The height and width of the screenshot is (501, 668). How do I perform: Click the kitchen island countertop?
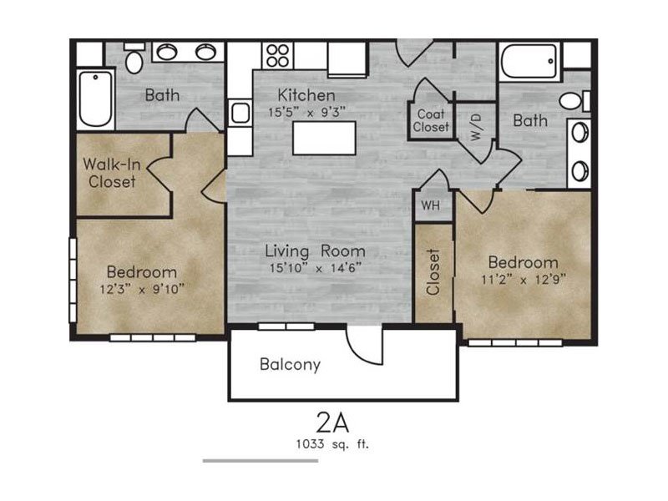(x=324, y=138)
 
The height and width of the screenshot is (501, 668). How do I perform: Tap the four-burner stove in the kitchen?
(x=278, y=55)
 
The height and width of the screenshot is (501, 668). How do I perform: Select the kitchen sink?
(x=240, y=113)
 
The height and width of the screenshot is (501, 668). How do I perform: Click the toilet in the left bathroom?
(x=134, y=58)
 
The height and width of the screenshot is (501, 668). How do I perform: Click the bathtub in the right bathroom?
(x=529, y=61)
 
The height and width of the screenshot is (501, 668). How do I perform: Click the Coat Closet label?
(x=431, y=120)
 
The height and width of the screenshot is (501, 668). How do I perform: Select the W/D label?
(x=476, y=128)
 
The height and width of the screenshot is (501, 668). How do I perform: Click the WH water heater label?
(x=430, y=205)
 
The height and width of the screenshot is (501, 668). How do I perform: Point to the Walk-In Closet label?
(x=112, y=173)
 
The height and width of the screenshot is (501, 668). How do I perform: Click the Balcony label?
(x=290, y=365)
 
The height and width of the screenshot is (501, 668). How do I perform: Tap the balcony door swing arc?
(x=359, y=349)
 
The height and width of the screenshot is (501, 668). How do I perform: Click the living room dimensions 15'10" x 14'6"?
(x=316, y=268)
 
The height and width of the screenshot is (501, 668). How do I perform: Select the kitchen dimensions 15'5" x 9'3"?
(x=306, y=113)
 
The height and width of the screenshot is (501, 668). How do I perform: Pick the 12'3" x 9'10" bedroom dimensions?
(x=142, y=289)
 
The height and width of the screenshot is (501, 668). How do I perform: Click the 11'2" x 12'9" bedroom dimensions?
(x=524, y=280)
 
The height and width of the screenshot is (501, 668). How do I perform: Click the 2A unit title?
(x=332, y=423)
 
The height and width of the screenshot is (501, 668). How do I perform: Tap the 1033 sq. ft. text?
(x=332, y=444)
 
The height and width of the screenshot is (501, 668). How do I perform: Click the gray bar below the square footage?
(x=261, y=461)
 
